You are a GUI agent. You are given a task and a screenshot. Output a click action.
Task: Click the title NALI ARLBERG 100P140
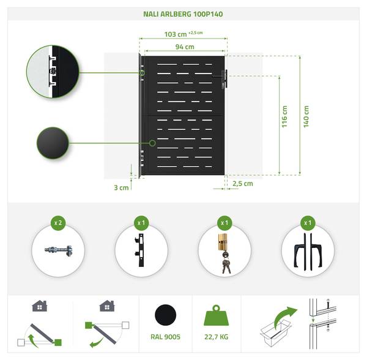point(183,14)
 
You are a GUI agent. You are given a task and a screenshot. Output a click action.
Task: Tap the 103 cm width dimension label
point(176,34)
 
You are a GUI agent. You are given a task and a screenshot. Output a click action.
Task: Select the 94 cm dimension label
point(185,47)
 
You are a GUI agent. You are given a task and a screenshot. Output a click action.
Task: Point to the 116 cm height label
point(284,117)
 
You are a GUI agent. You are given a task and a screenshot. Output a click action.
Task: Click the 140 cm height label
point(306,117)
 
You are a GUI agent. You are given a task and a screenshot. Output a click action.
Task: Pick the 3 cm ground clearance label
point(121,187)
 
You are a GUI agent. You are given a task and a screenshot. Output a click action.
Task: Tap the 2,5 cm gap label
point(243,184)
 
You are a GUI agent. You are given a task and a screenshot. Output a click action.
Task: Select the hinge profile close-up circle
point(53,72)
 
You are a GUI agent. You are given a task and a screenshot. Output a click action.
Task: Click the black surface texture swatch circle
point(53,143)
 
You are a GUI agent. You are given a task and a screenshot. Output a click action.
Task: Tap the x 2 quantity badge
point(58,222)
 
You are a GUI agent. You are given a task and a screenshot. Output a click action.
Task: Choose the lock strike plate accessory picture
point(139,250)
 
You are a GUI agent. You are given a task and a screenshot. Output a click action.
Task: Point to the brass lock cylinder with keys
point(224,253)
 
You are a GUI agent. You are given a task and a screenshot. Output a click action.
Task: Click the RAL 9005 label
point(166,337)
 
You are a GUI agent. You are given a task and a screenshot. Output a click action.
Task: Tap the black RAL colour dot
point(166,315)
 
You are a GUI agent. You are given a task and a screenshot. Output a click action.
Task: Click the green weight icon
point(217,315)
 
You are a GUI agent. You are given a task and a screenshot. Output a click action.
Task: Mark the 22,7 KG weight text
point(217,337)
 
